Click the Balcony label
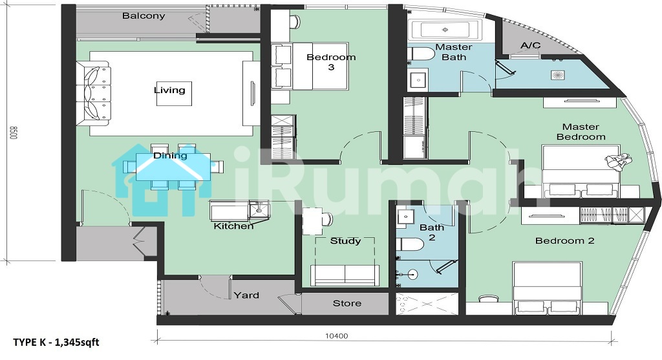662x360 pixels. [x=144, y=16]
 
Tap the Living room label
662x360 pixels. [x=169, y=90]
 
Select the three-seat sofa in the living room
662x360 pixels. [x=93, y=93]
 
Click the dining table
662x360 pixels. [x=173, y=166]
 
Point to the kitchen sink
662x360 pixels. [x=259, y=209]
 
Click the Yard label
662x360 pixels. [x=246, y=295]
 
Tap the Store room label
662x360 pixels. [x=347, y=303]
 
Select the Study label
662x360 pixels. [x=345, y=241]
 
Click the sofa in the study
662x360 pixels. [x=345, y=275]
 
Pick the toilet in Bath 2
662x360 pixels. [x=410, y=244]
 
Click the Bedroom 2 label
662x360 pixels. [x=565, y=240]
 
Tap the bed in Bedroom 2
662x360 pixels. [x=548, y=288]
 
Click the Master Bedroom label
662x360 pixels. [x=581, y=132]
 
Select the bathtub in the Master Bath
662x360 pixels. [x=445, y=30]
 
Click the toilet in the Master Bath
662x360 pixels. [x=421, y=54]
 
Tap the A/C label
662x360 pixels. [x=531, y=45]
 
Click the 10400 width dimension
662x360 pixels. [x=336, y=336]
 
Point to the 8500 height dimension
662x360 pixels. [x=13, y=132]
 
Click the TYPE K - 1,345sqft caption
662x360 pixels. [x=56, y=342]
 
